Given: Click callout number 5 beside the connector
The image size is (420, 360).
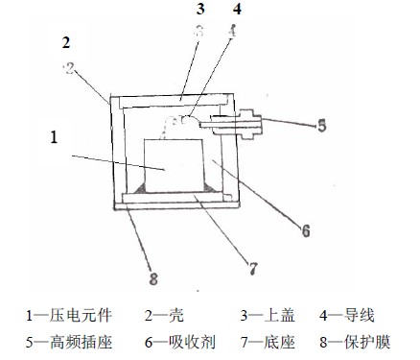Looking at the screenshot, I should coord(322,124).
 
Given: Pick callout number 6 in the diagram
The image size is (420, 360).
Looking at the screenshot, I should coord(305,230).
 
